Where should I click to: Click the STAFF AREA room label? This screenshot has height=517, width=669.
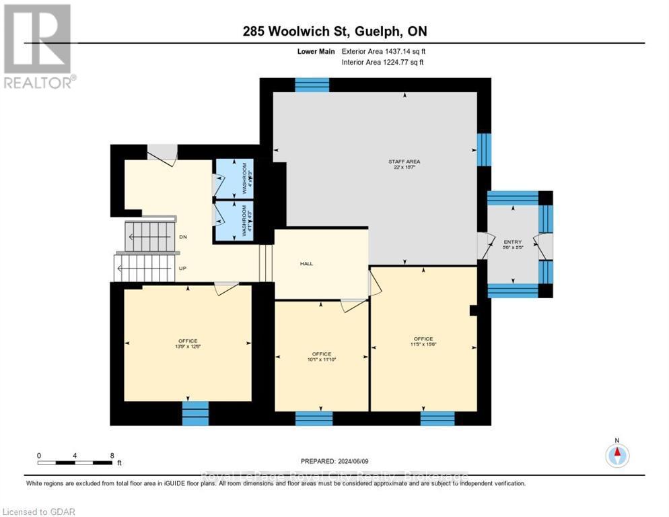[404, 162]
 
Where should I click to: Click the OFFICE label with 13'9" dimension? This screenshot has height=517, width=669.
[188, 341]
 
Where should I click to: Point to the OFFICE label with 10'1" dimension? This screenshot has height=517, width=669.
[322, 354]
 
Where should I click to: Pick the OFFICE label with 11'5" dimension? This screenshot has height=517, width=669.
[423, 339]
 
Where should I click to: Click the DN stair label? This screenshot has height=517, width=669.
[182, 237]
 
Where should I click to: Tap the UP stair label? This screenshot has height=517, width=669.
[182, 267]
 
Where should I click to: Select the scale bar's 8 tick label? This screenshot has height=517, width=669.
[111, 455]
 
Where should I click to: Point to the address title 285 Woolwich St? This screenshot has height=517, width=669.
[335, 31]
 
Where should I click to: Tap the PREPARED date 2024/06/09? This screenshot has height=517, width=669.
[334, 461]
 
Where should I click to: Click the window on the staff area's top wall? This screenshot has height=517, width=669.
[312, 85]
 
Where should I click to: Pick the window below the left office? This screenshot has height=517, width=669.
[195, 413]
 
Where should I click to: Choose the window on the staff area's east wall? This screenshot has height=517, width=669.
[484, 149]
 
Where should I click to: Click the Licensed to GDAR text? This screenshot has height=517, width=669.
[38, 512]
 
